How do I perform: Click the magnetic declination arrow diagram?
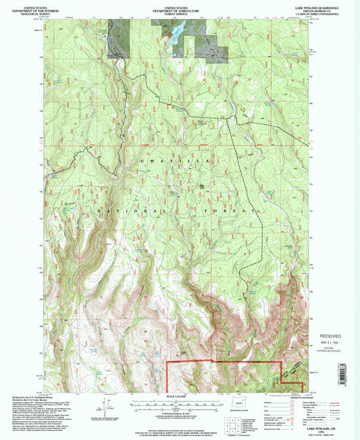pos(106,407)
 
